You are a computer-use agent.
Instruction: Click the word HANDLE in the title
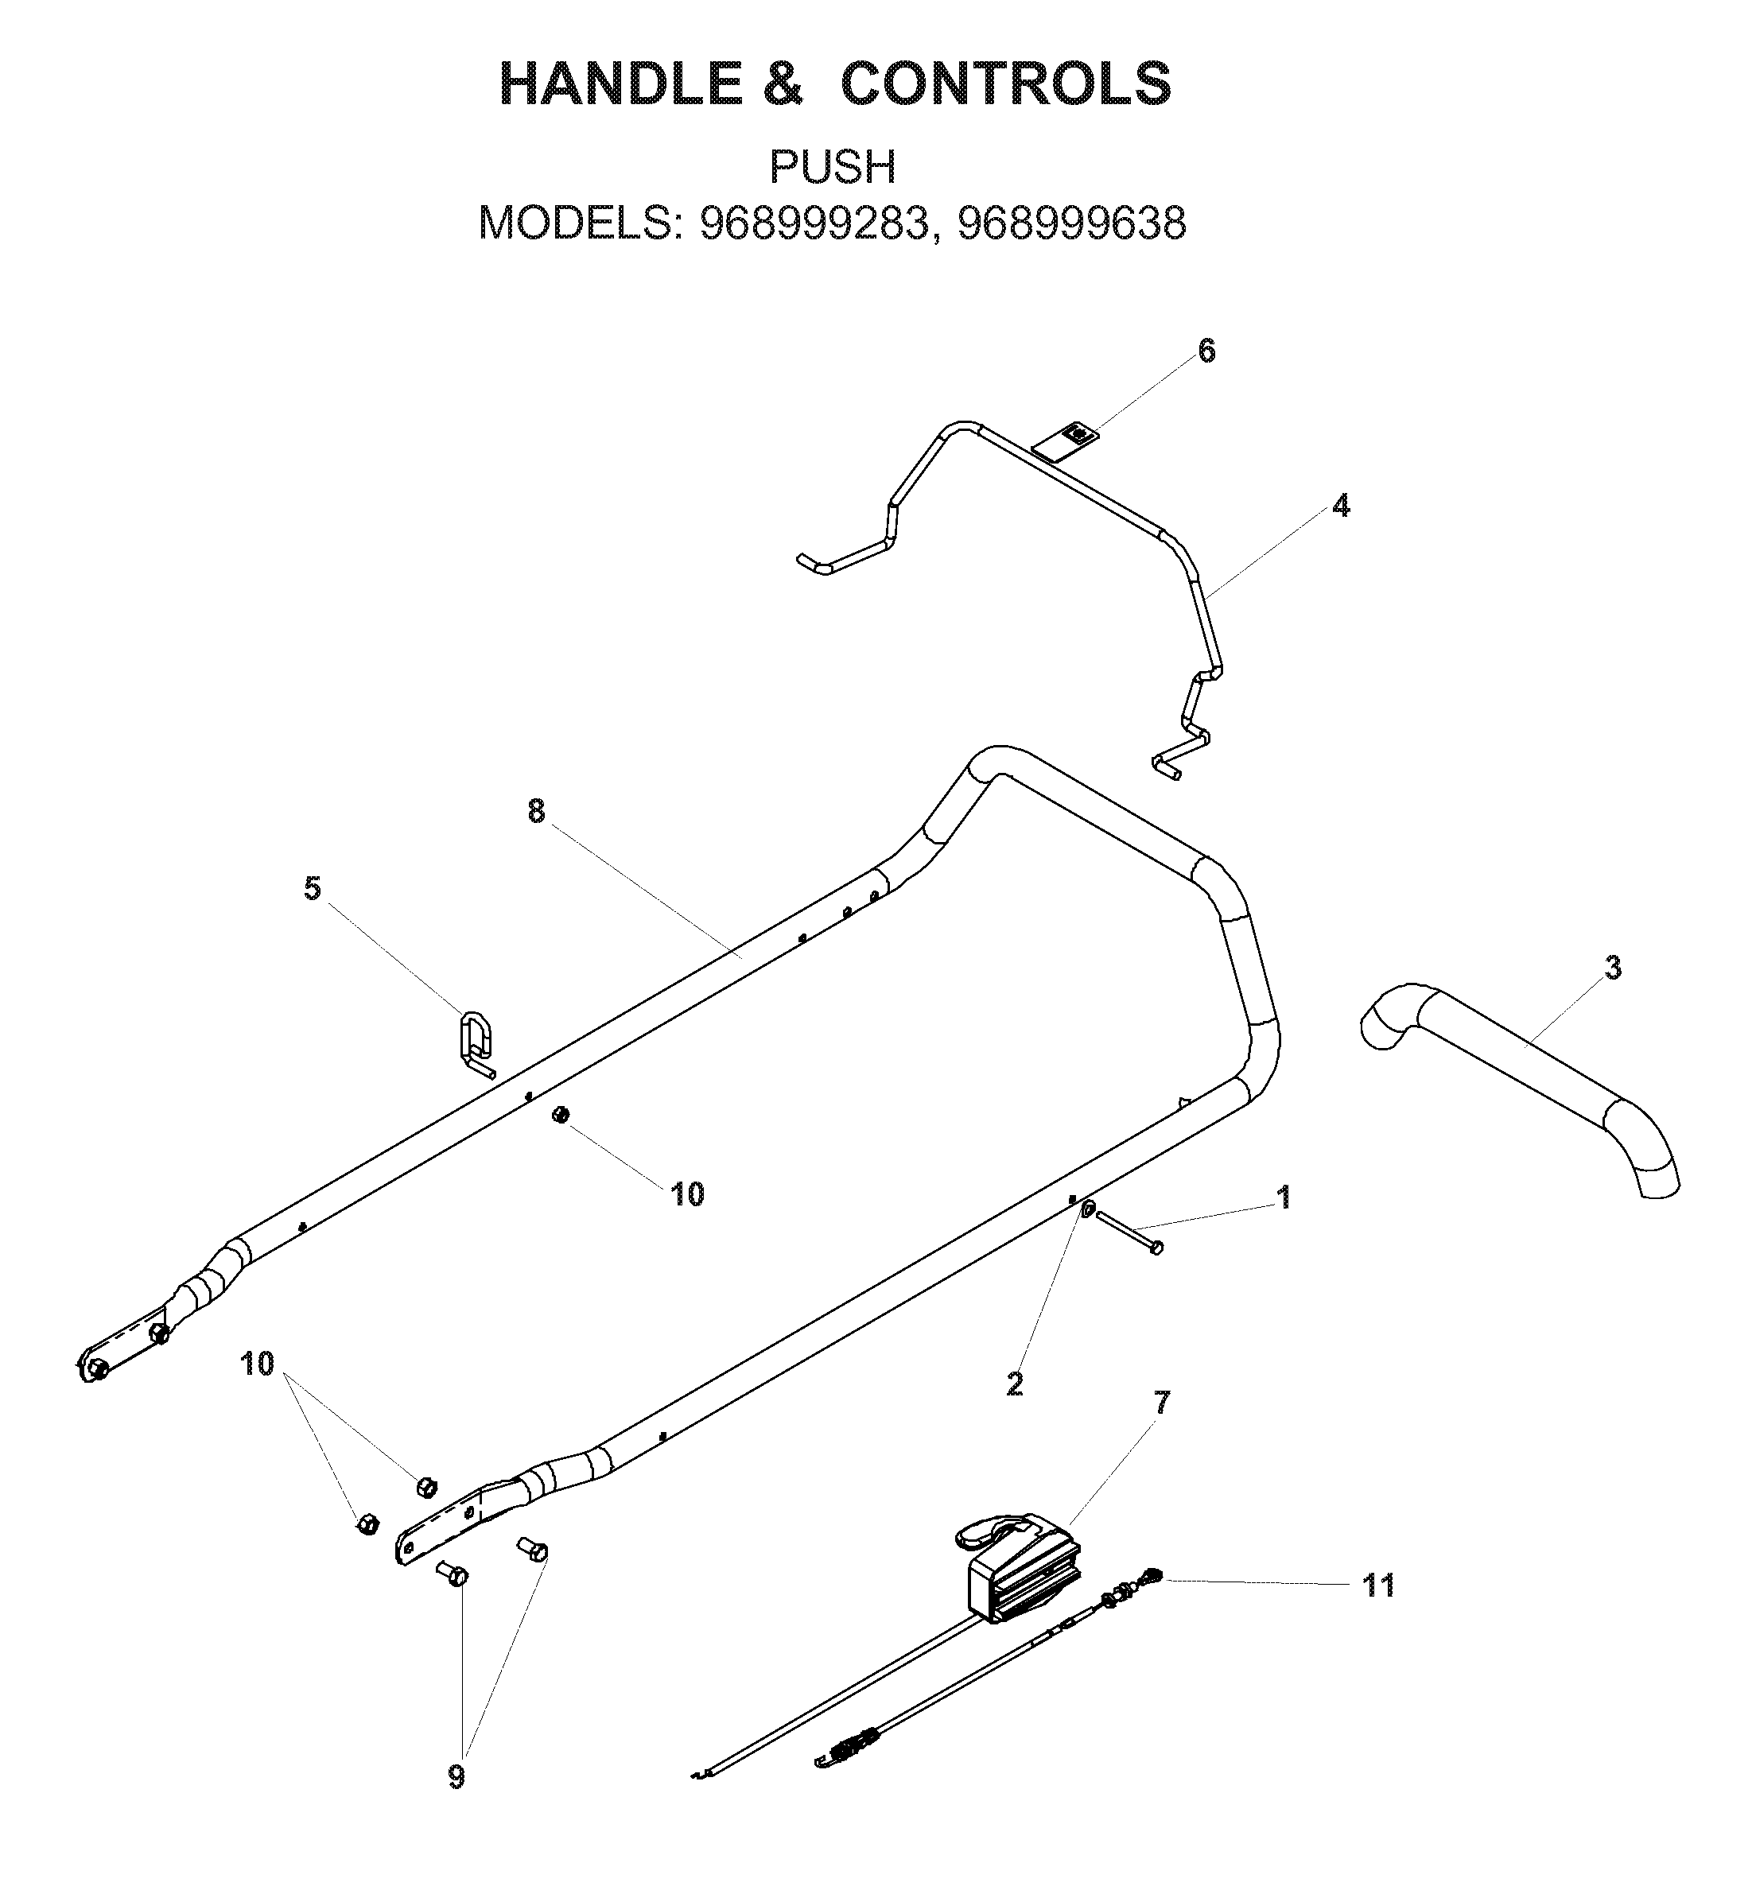(x=620, y=83)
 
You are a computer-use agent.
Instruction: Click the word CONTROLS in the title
(x=1006, y=83)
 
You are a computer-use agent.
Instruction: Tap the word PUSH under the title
(x=833, y=167)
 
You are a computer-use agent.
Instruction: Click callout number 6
(x=1206, y=351)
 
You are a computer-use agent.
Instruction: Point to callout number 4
(x=1340, y=506)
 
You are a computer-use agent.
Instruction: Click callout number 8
(x=537, y=811)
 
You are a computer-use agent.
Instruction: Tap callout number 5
(x=313, y=889)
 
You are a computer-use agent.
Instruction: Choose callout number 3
(x=1613, y=968)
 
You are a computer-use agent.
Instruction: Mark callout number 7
(x=1162, y=1402)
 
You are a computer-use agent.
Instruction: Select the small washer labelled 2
(x=1088, y=1209)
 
